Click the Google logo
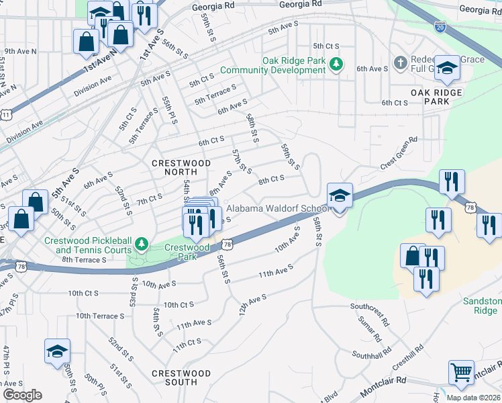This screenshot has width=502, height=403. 22,395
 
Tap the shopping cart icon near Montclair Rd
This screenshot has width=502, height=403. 460,372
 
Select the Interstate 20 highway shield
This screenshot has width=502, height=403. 439,26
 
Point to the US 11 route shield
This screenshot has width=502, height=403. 7,116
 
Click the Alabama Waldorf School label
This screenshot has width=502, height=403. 276,208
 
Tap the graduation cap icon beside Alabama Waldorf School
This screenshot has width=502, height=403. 340,196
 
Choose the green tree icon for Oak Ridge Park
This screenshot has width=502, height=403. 340,65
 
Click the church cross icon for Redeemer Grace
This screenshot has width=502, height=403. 401,63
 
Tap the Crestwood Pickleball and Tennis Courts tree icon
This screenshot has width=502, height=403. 140,242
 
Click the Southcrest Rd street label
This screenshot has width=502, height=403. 369,306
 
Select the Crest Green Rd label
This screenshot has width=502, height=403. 399,153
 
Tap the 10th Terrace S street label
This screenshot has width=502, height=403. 101,315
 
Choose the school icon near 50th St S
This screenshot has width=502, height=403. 58,351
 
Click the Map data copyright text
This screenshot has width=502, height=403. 473,398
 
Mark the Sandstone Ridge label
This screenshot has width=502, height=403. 482,306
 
